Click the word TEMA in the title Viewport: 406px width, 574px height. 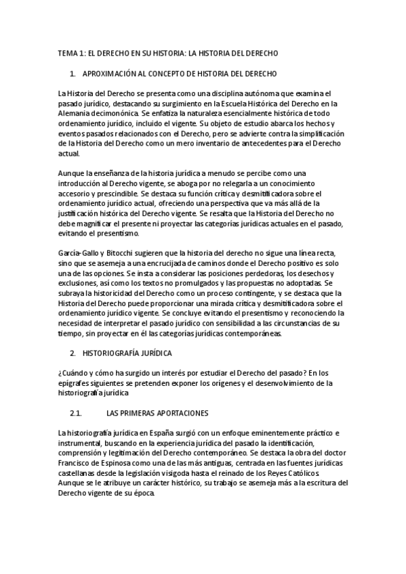coord(68,53)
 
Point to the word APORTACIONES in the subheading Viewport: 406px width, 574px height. coord(185,412)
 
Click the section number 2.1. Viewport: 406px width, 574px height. coord(77,412)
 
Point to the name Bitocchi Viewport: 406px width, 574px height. coord(116,253)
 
